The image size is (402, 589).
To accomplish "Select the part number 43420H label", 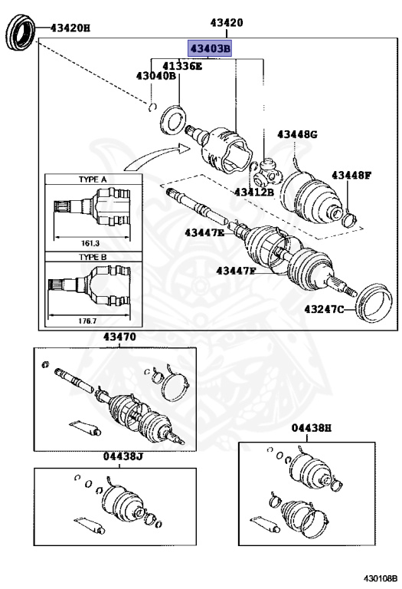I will (70, 28).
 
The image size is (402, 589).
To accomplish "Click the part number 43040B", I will (156, 76).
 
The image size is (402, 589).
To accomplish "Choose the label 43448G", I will (297, 135).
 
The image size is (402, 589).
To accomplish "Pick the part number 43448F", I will (351, 176).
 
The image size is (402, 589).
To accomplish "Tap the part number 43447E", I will (204, 232).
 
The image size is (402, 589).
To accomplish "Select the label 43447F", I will (237, 271).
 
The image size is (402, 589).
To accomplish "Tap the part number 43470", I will (119, 337).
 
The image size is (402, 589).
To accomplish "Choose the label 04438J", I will (123, 457).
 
